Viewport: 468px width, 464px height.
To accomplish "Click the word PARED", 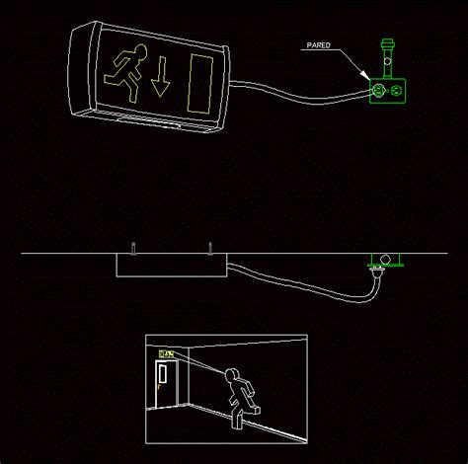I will [x=320, y=45].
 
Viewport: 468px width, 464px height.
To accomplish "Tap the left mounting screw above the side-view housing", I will [x=131, y=245].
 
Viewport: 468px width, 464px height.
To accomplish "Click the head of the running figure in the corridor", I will [x=235, y=375].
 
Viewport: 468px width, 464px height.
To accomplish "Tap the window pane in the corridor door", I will [x=163, y=374].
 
